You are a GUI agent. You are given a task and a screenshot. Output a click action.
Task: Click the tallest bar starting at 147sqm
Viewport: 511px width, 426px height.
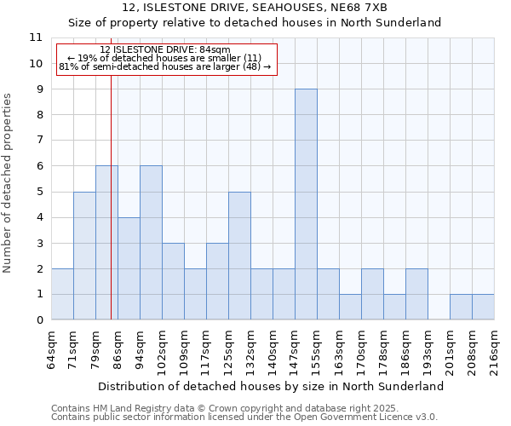click(x=306, y=204)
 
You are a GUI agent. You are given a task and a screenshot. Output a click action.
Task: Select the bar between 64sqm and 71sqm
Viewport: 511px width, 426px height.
click(x=62, y=294)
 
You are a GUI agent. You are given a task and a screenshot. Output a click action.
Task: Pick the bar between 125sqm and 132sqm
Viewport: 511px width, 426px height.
click(x=239, y=256)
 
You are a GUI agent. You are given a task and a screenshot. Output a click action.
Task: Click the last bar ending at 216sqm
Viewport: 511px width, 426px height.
click(x=483, y=307)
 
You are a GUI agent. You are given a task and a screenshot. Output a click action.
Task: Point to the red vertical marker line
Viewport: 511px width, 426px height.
click(x=111, y=213)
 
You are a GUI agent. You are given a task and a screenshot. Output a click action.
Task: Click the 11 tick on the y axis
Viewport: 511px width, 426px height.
click(x=35, y=37)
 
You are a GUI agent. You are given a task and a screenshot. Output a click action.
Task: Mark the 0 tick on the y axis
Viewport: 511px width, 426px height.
click(x=37, y=320)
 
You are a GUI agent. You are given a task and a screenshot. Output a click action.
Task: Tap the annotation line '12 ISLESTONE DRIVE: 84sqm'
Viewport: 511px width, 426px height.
click(x=164, y=50)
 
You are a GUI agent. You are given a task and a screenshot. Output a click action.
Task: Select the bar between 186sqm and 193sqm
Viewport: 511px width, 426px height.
click(x=416, y=294)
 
